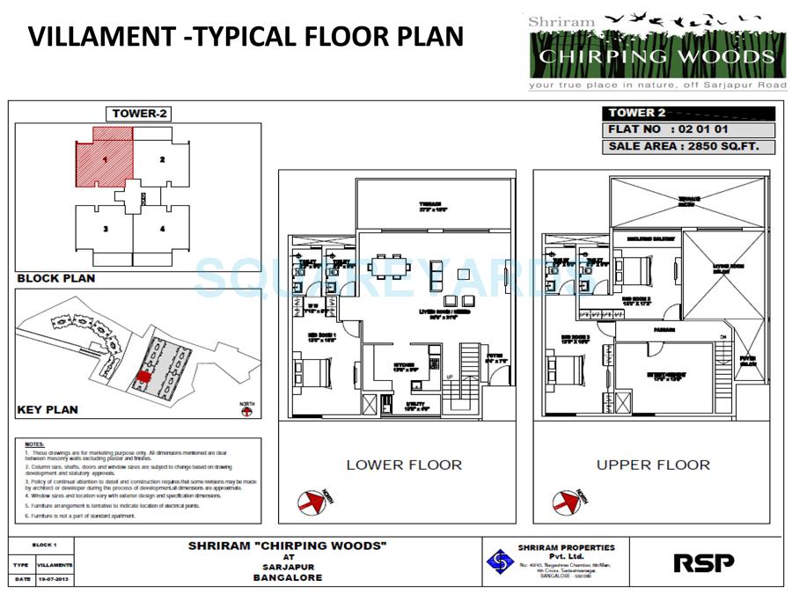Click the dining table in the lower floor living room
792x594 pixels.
pos(388,266)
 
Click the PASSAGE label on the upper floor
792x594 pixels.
pos(664,331)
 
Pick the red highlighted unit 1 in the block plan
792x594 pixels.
pos(103,160)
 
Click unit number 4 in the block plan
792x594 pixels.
pos(162,230)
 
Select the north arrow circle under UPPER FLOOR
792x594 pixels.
pos(564,502)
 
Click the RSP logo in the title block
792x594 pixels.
pos(703,561)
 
